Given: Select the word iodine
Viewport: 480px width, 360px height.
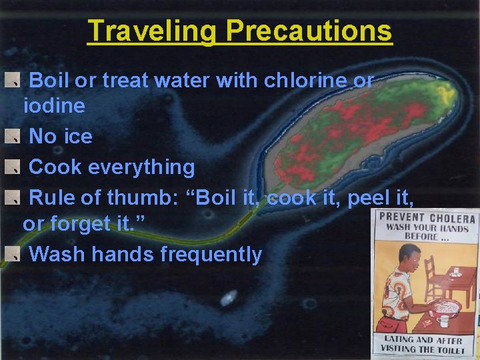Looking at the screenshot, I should pos(54,105).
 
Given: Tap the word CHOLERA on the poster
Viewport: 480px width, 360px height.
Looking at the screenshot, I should pos(452,218).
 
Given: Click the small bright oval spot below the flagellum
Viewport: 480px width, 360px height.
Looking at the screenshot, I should pos(229,297).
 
